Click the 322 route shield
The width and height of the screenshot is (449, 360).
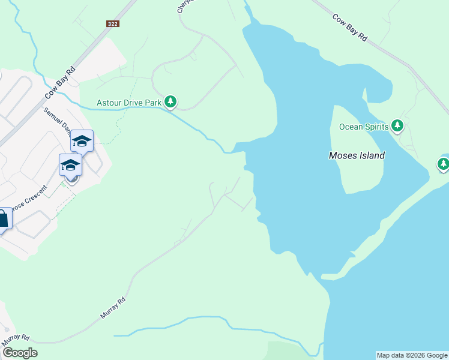coord(112,23)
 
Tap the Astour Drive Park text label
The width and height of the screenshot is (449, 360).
coord(130,103)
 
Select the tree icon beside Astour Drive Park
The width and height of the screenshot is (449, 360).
coord(171,102)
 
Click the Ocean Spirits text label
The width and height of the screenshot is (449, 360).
coord(363,127)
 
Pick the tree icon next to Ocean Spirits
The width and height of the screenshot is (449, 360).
coord(397,126)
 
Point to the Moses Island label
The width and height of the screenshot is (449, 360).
coord(357,155)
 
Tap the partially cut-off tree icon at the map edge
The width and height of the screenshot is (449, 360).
coord(444,163)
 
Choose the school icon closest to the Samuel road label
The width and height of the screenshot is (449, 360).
coord(82,142)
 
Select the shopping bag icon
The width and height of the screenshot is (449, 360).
coord(2,220)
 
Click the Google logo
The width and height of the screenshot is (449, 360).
coord(20,353)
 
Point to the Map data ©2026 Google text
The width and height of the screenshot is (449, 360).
coord(412,355)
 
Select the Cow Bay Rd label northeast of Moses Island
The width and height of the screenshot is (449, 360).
coord(349,27)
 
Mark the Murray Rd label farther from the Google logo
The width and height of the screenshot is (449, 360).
coord(113,307)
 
